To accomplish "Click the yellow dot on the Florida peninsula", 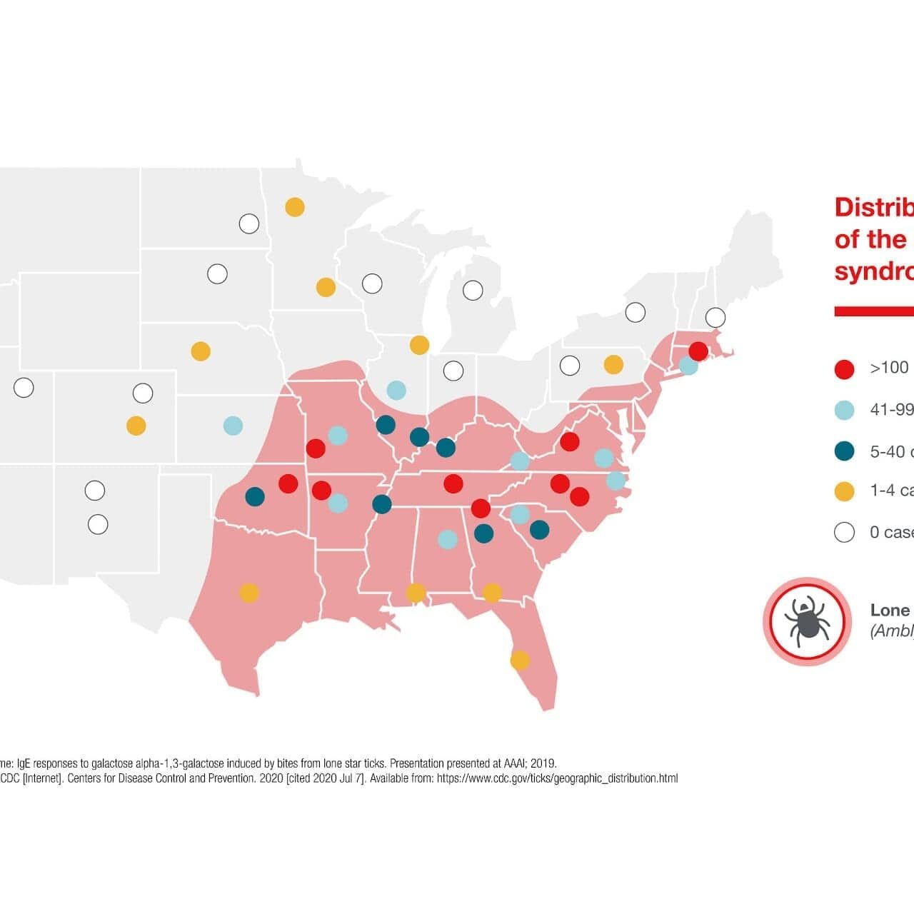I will (x=520, y=661).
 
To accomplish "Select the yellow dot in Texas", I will (x=248, y=593).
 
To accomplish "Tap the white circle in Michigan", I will (x=473, y=290).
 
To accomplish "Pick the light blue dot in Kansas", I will (x=233, y=426).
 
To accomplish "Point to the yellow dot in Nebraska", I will (x=201, y=351).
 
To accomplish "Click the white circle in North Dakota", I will (x=248, y=224).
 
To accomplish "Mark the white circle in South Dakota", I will (x=217, y=273).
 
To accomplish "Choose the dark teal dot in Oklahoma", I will (x=255, y=496).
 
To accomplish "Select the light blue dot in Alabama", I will (x=448, y=539).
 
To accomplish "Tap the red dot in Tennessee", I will (x=453, y=484).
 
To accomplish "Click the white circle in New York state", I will (x=635, y=312).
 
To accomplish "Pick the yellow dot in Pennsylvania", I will (x=613, y=364).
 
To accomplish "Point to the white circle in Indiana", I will (x=453, y=371).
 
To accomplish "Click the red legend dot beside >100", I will (x=845, y=369).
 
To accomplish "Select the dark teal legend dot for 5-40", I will (x=845, y=451).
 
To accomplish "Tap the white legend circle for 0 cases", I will (x=845, y=533).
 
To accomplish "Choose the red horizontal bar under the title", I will (x=874, y=311).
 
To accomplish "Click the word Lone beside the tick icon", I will (x=890, y=611).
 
